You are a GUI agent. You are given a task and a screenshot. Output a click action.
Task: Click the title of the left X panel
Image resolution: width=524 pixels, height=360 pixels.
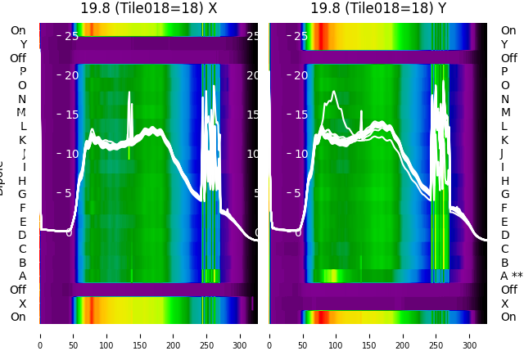(x=148, y=8)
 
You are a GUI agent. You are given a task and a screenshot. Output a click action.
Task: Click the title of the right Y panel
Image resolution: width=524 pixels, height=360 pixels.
(x=378, y=8)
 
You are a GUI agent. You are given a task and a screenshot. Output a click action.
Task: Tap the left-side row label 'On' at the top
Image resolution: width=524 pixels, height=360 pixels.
(x=18, y=30)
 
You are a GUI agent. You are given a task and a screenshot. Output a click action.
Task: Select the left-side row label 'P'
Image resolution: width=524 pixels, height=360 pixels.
(x=22, y=72)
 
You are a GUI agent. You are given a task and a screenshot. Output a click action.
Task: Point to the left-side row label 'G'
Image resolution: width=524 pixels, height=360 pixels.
(x=22, y=194)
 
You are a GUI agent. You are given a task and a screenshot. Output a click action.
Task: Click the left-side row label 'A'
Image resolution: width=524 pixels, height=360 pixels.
(x=22, y=276)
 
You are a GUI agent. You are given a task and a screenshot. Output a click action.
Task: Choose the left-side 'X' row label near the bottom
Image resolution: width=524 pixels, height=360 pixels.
(x=22, y=304)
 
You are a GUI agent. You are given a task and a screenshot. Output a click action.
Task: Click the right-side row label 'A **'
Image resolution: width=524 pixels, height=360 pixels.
(x=511, y=276)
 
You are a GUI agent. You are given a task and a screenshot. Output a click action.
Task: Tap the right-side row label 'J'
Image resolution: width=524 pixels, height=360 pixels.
(x=502, y=153)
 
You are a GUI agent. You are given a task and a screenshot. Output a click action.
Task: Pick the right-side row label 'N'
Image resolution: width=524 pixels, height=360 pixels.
(x=504, y=99)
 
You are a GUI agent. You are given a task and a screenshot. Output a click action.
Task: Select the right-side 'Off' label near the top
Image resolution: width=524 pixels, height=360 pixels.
(x=508, y=58)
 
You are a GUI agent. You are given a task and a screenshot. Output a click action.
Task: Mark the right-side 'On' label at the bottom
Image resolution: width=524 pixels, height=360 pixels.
(x=508, y=317)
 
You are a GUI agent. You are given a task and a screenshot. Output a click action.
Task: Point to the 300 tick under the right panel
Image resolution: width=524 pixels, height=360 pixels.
(x=470, y=335)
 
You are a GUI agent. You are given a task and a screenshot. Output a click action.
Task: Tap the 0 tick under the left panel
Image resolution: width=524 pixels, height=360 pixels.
(x=40, y=335)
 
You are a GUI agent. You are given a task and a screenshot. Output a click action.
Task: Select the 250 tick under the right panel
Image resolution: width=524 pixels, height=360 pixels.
(x=436, y=335)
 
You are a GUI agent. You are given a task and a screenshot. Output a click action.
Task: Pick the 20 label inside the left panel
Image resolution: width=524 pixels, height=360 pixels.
(x=71, y=75)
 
